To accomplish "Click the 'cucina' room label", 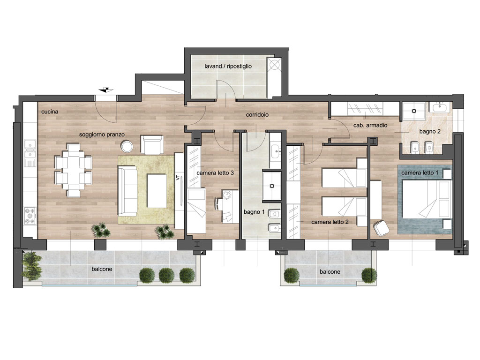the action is click(x=50, y=112).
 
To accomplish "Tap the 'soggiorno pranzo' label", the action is click(x=102, y=135).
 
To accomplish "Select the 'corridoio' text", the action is click(x=257, y=115).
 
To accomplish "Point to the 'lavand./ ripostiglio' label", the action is click(x=228, y=66).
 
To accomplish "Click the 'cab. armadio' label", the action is click(x=370, y=125).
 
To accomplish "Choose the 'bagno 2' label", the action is click(x=430, y=132).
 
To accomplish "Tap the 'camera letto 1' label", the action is click(x=420, y=173).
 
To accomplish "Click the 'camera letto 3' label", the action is click(x=215, y=173).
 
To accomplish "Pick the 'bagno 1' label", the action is click(x=254, y=212).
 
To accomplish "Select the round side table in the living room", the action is click(x=127, y=146).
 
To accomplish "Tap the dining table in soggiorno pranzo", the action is click(x=74, y=170).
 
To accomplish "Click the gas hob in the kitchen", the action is click(x=30, y=216).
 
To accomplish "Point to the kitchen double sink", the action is click(x=30, y=149).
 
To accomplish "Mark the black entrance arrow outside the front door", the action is click(x=106, y=90).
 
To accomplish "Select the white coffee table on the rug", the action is click(x=157, y=191).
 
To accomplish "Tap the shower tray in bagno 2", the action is click(x=414, y=111).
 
